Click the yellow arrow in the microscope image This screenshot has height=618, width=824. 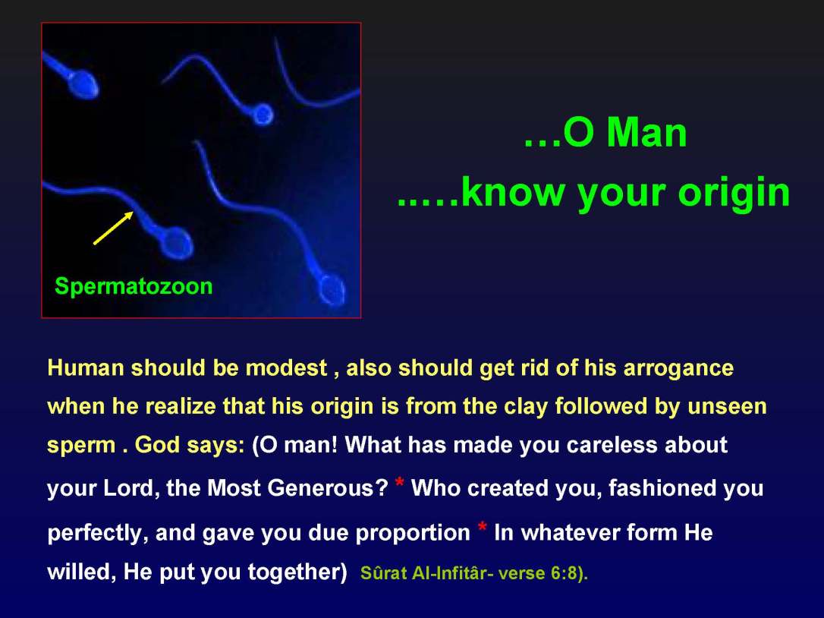(113, 228)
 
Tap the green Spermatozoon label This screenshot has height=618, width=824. (134, 286)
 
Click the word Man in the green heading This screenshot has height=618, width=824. (646, 134)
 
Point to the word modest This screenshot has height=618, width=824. (286, 368)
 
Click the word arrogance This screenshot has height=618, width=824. (678, 368)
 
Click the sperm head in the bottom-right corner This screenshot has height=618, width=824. (332, 289)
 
